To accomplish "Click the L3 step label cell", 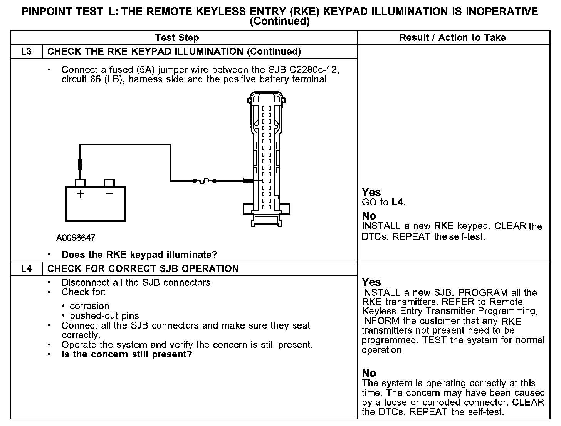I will click(x=26, y=52).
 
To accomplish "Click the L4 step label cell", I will click(x=26, y=268).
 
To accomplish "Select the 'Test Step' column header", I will click(x=177, y=38).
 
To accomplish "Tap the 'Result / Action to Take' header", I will click(x=453, y=38).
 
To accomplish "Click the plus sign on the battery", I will click(x=81, y=194).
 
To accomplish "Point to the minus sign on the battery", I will click(x=109, y=193).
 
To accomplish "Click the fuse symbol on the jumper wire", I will click(x=204, y=180).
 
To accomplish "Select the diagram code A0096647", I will click(x=76, y=238).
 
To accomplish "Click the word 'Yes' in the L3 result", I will click(x=371, y=192).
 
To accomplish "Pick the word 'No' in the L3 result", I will click(x=369, y=216).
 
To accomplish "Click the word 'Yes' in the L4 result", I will click(x=371, y=282).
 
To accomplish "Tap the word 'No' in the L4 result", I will click(x=369, y=373).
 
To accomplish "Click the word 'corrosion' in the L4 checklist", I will click(x=89, y=306).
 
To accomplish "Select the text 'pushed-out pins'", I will click(x=104, y=316).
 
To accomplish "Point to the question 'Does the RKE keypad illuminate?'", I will click(x=139, y=255).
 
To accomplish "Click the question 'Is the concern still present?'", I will click(x=127, y=354).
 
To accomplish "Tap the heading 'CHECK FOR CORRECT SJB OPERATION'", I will click(x=143, y=268).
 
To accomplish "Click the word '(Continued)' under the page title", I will click(x=280, y=22).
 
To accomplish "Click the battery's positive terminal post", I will click(x=80, y=182).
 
